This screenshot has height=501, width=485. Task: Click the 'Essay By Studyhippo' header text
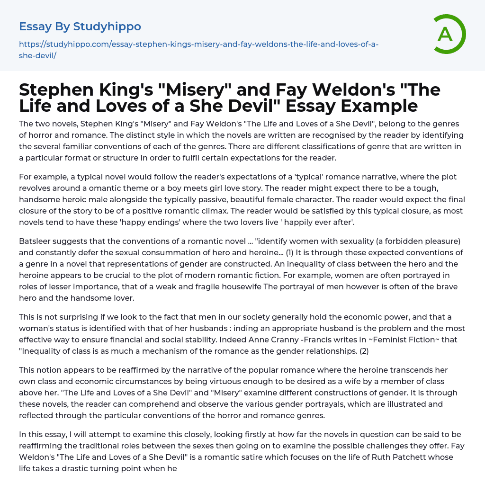pos(80,26)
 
